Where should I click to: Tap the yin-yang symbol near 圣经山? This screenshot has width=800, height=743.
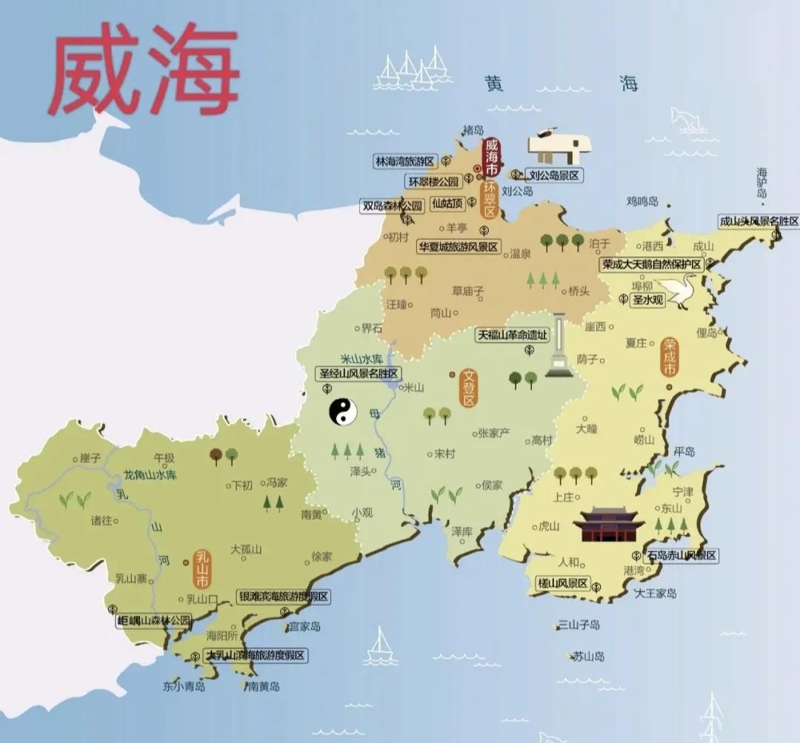[343, 413]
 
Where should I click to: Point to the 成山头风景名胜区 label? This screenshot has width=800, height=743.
[759, 221]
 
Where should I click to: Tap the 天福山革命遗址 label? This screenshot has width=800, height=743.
[513, 334]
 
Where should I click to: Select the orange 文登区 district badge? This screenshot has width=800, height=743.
[468, 389]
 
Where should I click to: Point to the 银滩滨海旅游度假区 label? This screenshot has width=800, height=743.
[283, 596]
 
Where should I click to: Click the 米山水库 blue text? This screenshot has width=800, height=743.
[361, 358]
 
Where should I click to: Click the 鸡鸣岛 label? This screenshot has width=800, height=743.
[642, 201]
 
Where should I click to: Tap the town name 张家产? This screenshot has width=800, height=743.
[493, 433]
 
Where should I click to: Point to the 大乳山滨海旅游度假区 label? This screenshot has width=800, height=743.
[256, 656]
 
